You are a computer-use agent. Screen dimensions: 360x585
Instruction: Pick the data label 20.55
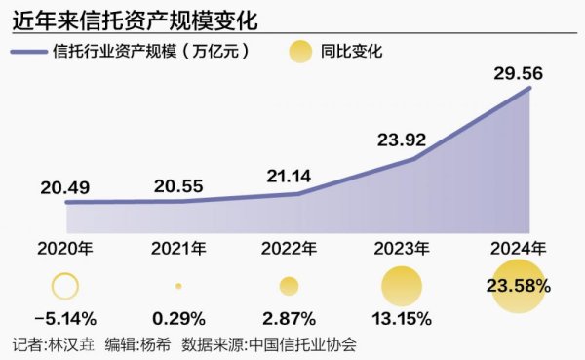[x=177, y=185]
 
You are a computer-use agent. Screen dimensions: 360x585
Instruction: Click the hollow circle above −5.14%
[x=64, y=286]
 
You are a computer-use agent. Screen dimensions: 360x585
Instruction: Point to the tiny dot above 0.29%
[x=178, y=286]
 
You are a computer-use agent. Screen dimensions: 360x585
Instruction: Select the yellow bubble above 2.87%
[x=289, y=286]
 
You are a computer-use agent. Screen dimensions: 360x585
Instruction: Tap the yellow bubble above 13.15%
[x=402, y=286]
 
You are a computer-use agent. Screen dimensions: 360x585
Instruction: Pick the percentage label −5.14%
[x=64, y=318]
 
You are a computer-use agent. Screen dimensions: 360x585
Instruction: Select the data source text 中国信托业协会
[x=302, y=344]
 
